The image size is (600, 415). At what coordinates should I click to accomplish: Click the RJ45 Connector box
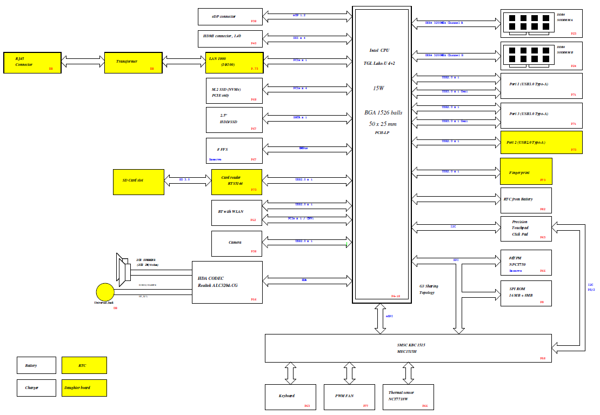point(32,63)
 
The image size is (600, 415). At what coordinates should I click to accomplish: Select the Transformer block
point(133,63)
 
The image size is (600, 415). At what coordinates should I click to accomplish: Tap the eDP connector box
point(230,16)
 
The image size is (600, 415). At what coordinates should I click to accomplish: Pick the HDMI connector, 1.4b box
point(230,38)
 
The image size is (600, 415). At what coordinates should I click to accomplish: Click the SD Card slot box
point(138,182)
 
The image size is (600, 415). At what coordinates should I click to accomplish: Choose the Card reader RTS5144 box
point(237,182)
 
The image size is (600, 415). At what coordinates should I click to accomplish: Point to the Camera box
point(237,243)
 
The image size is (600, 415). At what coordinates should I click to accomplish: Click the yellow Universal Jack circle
point(105,292)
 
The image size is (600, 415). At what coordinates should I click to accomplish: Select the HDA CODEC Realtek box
point(227,282)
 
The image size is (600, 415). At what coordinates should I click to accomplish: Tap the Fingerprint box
point(526,171)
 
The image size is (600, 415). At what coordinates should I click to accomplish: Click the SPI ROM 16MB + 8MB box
point(526,293)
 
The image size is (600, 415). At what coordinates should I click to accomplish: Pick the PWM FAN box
point(349,397)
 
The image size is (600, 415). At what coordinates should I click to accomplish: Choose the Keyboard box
point(290,397)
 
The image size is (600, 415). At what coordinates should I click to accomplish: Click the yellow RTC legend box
point(84,365)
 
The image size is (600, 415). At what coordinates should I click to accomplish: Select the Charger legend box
point(36,387)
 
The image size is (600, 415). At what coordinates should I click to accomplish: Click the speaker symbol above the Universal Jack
point(123,269)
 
